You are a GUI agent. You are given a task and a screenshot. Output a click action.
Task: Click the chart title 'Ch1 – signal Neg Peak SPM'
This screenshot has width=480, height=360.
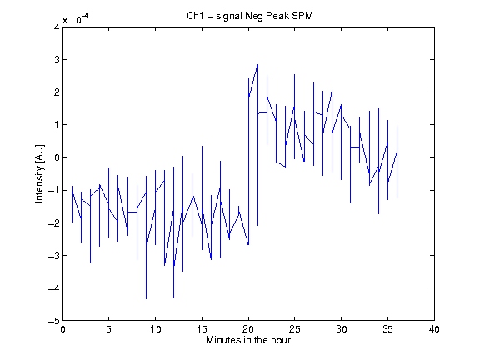click(250, 16)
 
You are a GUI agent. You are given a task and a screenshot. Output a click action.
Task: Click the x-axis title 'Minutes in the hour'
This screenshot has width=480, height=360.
click(248, 340)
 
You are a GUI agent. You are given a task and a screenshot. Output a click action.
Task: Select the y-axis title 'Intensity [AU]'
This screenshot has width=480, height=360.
click(40, 173)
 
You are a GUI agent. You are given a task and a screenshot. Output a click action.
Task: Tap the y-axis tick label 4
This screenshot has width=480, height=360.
click(57, 27)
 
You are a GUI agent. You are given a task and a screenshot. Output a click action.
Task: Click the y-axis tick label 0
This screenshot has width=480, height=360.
click(57, 157)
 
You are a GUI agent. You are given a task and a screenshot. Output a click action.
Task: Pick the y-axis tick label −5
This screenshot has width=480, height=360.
click(54, 321)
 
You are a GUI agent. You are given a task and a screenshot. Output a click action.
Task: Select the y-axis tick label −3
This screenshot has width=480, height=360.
click(54, 256)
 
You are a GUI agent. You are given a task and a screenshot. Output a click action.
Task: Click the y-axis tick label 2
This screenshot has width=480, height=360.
click(57, 92)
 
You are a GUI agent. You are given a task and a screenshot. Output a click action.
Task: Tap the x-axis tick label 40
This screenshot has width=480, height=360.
click(434, 329)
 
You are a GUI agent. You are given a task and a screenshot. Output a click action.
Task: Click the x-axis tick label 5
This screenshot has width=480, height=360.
click(108, 329)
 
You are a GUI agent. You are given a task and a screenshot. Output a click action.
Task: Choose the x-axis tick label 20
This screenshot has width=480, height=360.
click(248, 329)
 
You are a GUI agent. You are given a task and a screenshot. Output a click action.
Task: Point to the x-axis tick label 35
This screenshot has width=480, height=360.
click(387, 329)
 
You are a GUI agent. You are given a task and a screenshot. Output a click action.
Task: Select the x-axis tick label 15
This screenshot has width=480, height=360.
click(202, 329)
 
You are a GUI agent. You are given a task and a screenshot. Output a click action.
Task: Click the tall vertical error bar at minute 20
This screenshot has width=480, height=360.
click(248, 162)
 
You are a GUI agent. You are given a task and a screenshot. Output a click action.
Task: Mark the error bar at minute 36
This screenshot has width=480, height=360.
click(397, 162)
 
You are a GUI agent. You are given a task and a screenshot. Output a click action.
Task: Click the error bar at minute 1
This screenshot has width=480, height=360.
click(72, 204)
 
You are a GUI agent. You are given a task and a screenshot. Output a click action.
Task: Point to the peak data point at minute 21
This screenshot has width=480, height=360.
click(257, 65)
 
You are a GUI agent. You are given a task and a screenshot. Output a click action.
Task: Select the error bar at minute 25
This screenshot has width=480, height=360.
click(294, 117)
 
